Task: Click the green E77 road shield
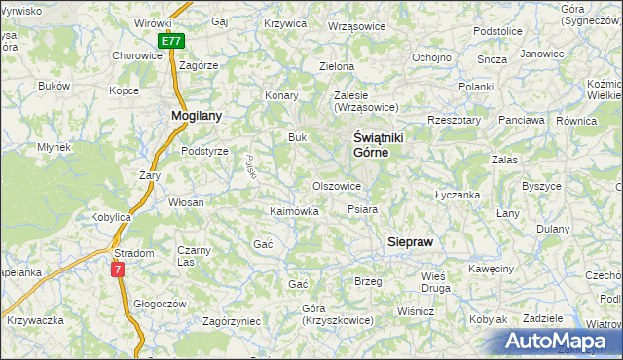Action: click(170, 41)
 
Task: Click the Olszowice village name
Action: click(337, 185)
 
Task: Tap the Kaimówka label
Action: click(294, 210)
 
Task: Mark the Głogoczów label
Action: click(159, 303)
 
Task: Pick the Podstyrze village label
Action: click(204, 151)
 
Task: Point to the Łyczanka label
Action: click(458, 195)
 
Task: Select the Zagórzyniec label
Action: click(231, 320)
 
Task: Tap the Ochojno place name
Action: click(430, 57)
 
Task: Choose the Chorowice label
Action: click(136, 55)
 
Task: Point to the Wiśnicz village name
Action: click(415, 311)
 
